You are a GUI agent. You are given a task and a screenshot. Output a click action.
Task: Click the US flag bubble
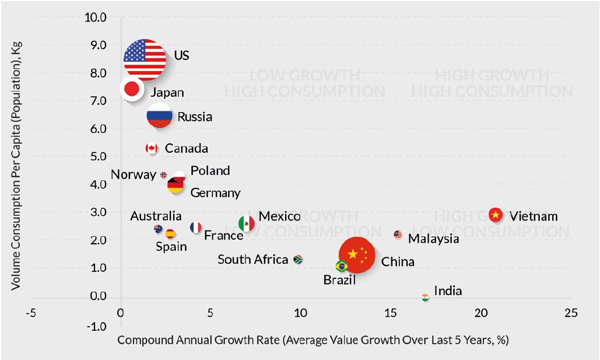click(x=145, y=60)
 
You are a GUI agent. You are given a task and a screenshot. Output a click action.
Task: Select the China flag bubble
click(x=357, y=254)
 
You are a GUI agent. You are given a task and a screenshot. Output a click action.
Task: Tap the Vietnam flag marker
click(x=496, y=215)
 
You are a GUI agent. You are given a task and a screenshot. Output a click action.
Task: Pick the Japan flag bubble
click(x=132, y=89)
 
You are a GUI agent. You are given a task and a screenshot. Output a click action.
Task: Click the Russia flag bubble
click(x=159, y=116)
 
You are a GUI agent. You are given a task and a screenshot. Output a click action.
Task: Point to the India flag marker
click(x=425, y=298)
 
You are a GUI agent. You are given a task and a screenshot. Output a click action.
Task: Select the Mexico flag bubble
click(x=247, y=223)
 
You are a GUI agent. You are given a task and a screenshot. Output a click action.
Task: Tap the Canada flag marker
click(x=152, y=148)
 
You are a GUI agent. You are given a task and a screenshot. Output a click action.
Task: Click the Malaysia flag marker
click(x=398, y=235)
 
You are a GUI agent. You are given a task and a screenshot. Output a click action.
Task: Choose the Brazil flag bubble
click(x=342, y=266)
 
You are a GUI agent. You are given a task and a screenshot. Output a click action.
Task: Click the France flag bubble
click(x=196, y=228)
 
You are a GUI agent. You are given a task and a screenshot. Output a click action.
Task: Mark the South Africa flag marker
click(x=298, y=259)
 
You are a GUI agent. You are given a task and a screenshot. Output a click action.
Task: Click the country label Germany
click(x=215, y=193)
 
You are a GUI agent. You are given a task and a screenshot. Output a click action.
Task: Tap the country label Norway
click(x=134, y=174)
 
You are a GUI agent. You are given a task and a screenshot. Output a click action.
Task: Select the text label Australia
click(x=156, y=216)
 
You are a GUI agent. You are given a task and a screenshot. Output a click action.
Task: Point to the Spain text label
click(x=171, y=246)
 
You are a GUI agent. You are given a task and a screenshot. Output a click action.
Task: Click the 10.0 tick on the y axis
click(x=96, y=17)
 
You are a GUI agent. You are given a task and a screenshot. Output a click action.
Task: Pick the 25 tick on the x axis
click(x=571, y=313)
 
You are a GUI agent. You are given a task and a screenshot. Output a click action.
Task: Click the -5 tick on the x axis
click(x=30, y=313)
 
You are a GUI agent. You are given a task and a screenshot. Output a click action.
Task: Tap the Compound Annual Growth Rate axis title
click(x=314, y=340)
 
